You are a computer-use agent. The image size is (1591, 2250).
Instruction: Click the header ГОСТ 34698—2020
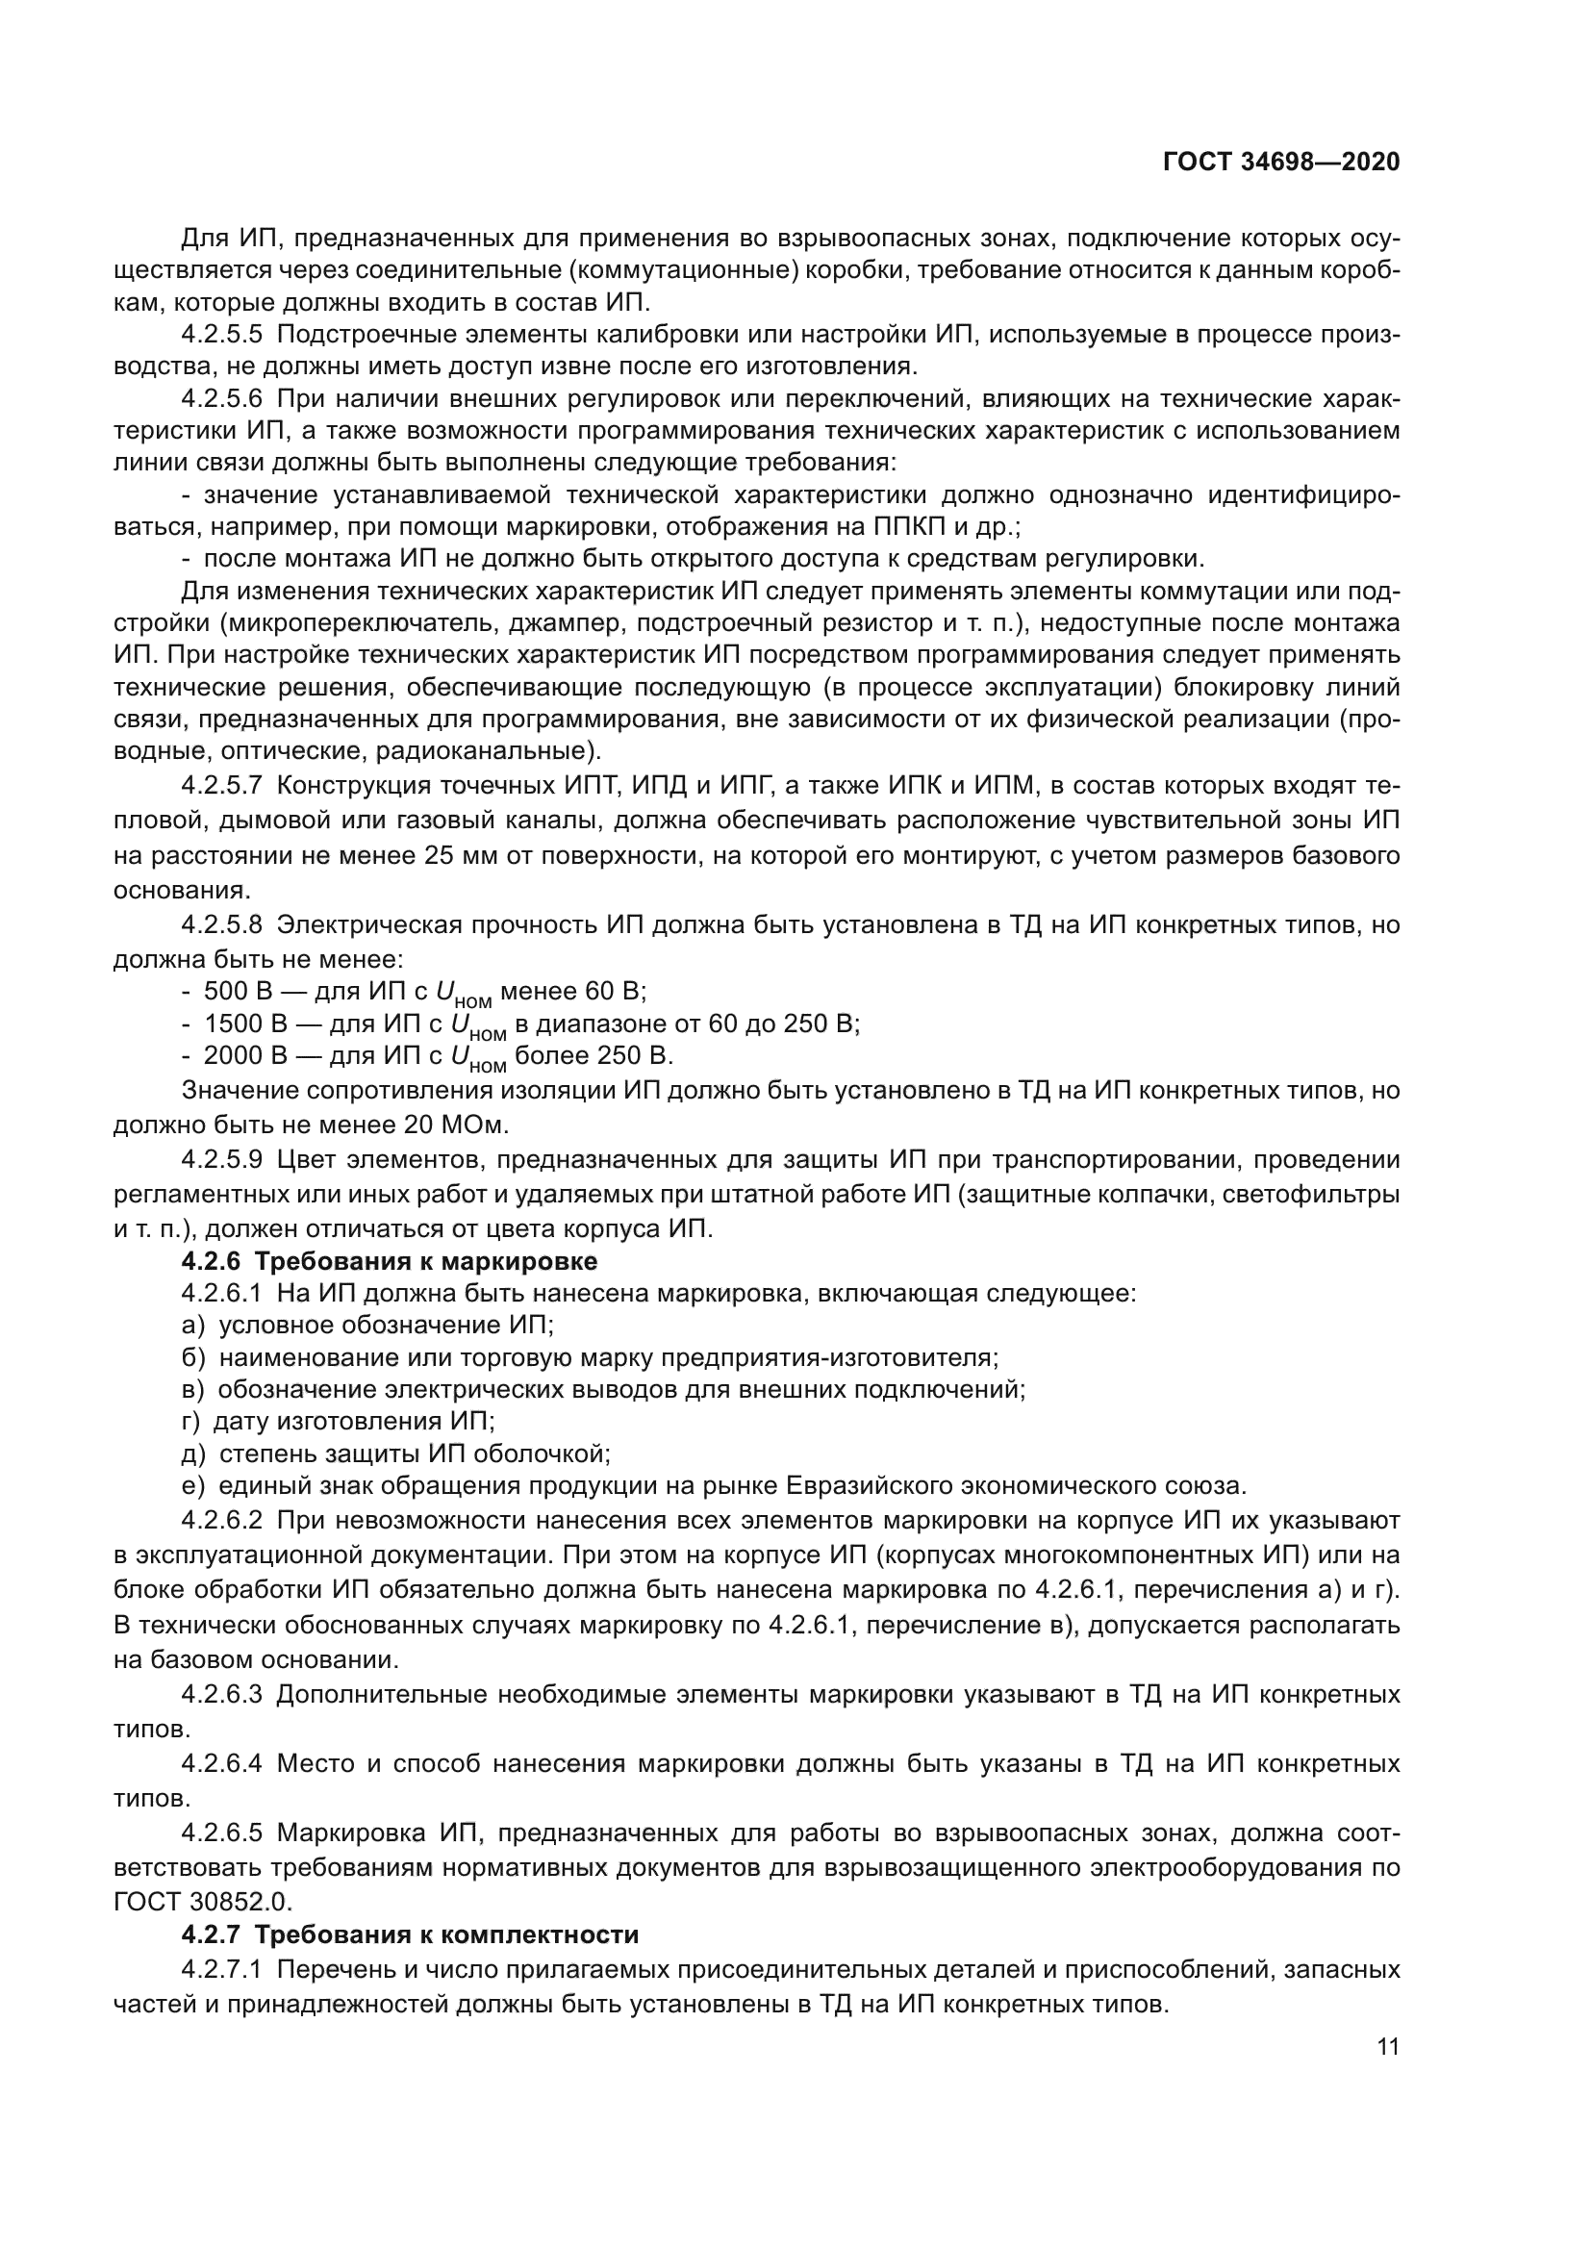click(1281, 163)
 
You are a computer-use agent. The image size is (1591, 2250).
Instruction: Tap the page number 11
click(1387, 2046)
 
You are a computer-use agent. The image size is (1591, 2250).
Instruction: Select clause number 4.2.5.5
click(221, 334)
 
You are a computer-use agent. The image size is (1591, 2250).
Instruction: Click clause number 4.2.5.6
click(221, 399)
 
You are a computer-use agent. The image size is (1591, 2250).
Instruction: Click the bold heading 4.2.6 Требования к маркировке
click(389, 1260)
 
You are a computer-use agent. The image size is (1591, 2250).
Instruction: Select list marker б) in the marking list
click(193, 1358)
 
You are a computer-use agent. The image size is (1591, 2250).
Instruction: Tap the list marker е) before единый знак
click(193, 1486)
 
